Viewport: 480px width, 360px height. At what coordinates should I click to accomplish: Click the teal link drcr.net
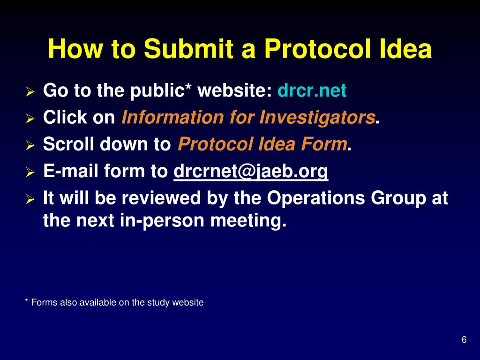(x=312, y=90)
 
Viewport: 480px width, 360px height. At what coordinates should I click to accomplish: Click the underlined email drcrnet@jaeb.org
(x=251, y=172)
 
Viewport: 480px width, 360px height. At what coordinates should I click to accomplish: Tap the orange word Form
(x=324, y=145)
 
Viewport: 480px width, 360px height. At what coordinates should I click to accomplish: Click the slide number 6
(x=464, y=340)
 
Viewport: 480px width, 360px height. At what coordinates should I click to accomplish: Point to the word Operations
(x=316, y=198)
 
